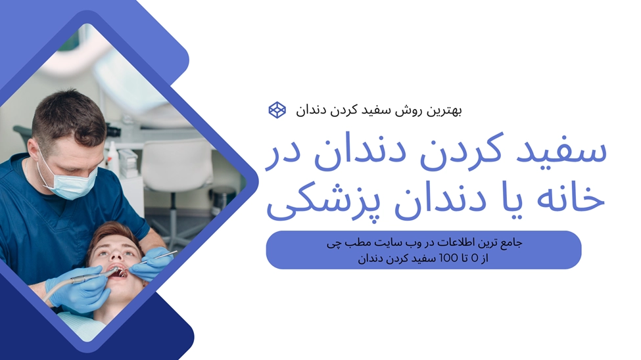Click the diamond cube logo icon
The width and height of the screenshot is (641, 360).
277,110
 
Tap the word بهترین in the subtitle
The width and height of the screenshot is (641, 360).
444,110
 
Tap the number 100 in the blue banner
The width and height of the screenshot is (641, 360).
448,258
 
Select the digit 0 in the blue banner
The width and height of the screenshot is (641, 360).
475,258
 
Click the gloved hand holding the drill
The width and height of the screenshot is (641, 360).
78,288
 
